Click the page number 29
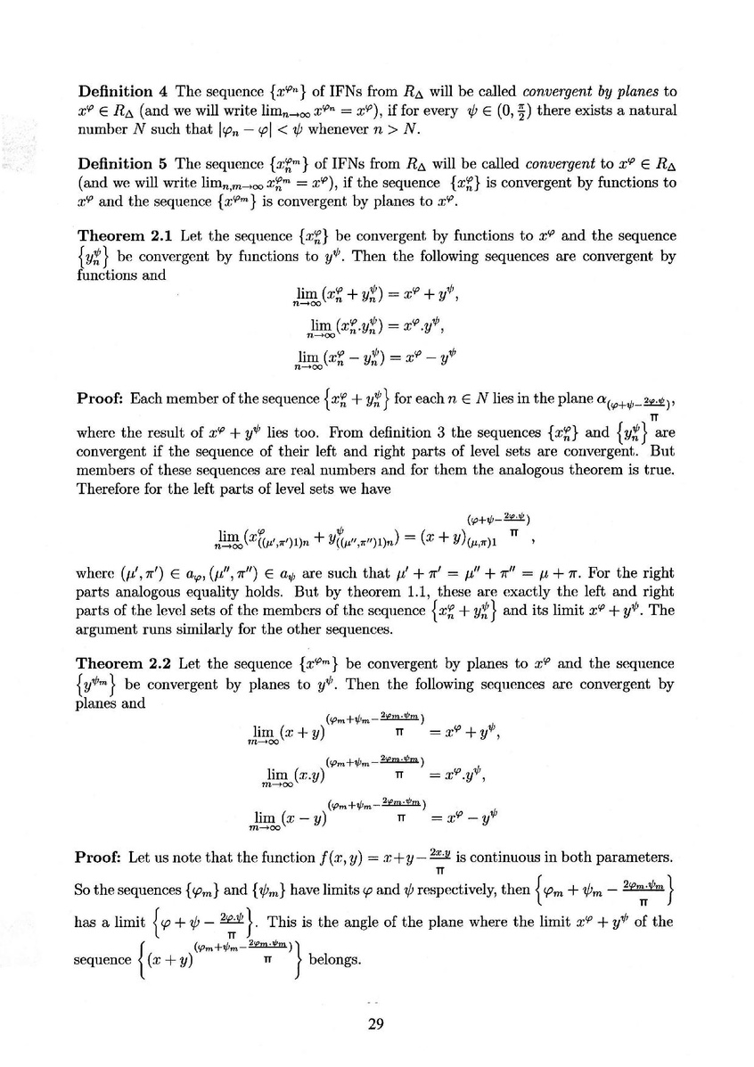pyautogui.click(x=375, y=1023)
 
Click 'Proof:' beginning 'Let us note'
pyautogui.click(x=101, y=858)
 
